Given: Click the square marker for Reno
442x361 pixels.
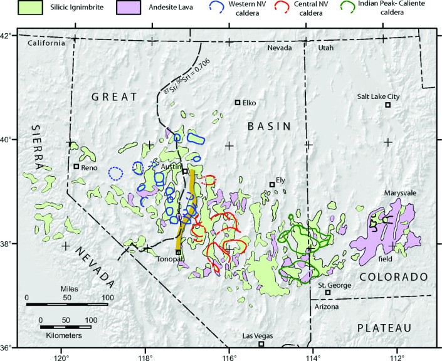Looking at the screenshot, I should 76,166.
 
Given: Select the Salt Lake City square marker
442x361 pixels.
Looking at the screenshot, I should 388,105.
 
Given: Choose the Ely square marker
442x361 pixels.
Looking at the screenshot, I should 272,184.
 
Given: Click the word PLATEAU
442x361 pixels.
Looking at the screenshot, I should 384,328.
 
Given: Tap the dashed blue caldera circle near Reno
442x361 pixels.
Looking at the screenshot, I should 115,173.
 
